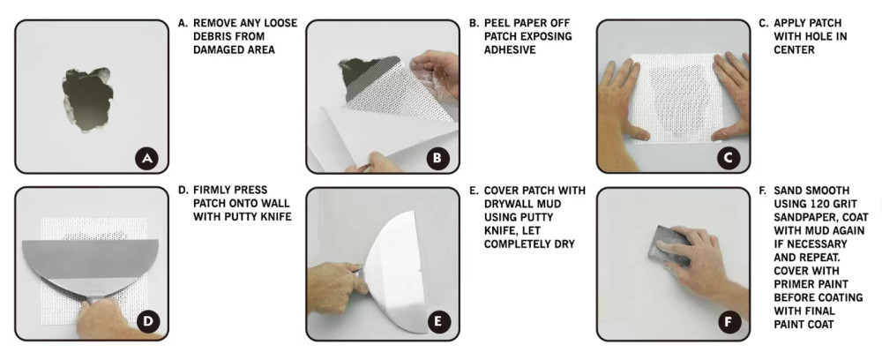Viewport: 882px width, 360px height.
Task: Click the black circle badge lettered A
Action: click(x=147, y=159)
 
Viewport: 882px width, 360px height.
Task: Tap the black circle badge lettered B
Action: click(x=437, y=159)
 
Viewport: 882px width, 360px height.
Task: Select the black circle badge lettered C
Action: click(x=729, y=159)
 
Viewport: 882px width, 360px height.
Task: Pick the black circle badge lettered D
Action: click(x=147, y=322)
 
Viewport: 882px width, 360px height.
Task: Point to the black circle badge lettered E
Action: click(x=437, y=322)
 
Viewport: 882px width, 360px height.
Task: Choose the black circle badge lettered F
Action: click(x=729, y=322)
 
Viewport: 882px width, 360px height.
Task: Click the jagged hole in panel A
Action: click(x=87, y=99)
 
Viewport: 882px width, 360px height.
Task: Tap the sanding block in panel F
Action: click(x=673, y=246)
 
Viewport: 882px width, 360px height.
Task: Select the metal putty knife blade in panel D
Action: click(x=90, y=265)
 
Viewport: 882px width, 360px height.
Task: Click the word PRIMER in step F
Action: click(x=795, y=284)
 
